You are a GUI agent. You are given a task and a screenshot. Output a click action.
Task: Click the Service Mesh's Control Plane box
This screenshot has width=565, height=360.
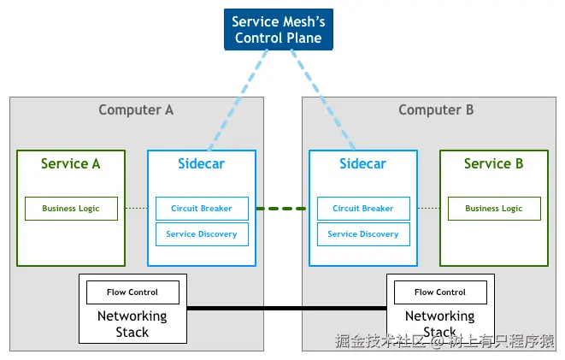click(278, 29)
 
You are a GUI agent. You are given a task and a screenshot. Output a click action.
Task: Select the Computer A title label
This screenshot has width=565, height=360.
click(136, 110)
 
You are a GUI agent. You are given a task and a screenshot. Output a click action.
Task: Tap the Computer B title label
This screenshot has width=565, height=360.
click(436, 110)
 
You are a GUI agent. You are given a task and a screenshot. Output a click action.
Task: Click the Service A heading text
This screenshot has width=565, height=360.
click(71, 163)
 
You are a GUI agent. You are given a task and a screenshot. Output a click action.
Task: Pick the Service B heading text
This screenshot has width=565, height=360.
click(494, 163)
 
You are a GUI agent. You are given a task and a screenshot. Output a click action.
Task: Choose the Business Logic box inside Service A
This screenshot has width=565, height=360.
click(71, 209)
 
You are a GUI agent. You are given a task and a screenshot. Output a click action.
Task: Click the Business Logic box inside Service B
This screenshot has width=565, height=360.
click(494, 209)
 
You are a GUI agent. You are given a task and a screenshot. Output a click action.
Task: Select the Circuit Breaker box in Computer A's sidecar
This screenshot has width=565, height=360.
click(202, 209)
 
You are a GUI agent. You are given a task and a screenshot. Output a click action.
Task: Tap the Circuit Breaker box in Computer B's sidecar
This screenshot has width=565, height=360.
click(363, 209)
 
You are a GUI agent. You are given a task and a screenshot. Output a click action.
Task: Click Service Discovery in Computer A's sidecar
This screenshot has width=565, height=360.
click(202, 234)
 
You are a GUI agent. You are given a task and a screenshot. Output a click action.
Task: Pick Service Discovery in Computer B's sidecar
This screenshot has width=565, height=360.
click(363, 234)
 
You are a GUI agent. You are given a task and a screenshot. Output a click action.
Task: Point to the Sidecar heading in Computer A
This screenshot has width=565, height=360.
click(201, 163)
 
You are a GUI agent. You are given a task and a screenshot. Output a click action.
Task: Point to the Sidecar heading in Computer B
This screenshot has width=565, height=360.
click(363, 163)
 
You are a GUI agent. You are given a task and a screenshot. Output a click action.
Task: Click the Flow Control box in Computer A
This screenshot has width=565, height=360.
click(132, 292)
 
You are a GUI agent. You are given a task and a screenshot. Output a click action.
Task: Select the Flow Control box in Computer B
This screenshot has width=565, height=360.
click(440, 292)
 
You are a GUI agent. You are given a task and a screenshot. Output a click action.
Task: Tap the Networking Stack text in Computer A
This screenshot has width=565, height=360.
click(132, 324)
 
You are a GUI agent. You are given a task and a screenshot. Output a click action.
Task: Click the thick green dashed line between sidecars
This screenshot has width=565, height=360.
click(281, 209)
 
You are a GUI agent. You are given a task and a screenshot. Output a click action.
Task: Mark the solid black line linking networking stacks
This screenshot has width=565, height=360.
click(287, 308)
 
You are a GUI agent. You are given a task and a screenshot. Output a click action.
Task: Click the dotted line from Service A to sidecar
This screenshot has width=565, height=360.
click(136, 209)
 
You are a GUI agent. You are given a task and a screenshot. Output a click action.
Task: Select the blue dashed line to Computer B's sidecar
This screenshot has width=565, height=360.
click(323, 99)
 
